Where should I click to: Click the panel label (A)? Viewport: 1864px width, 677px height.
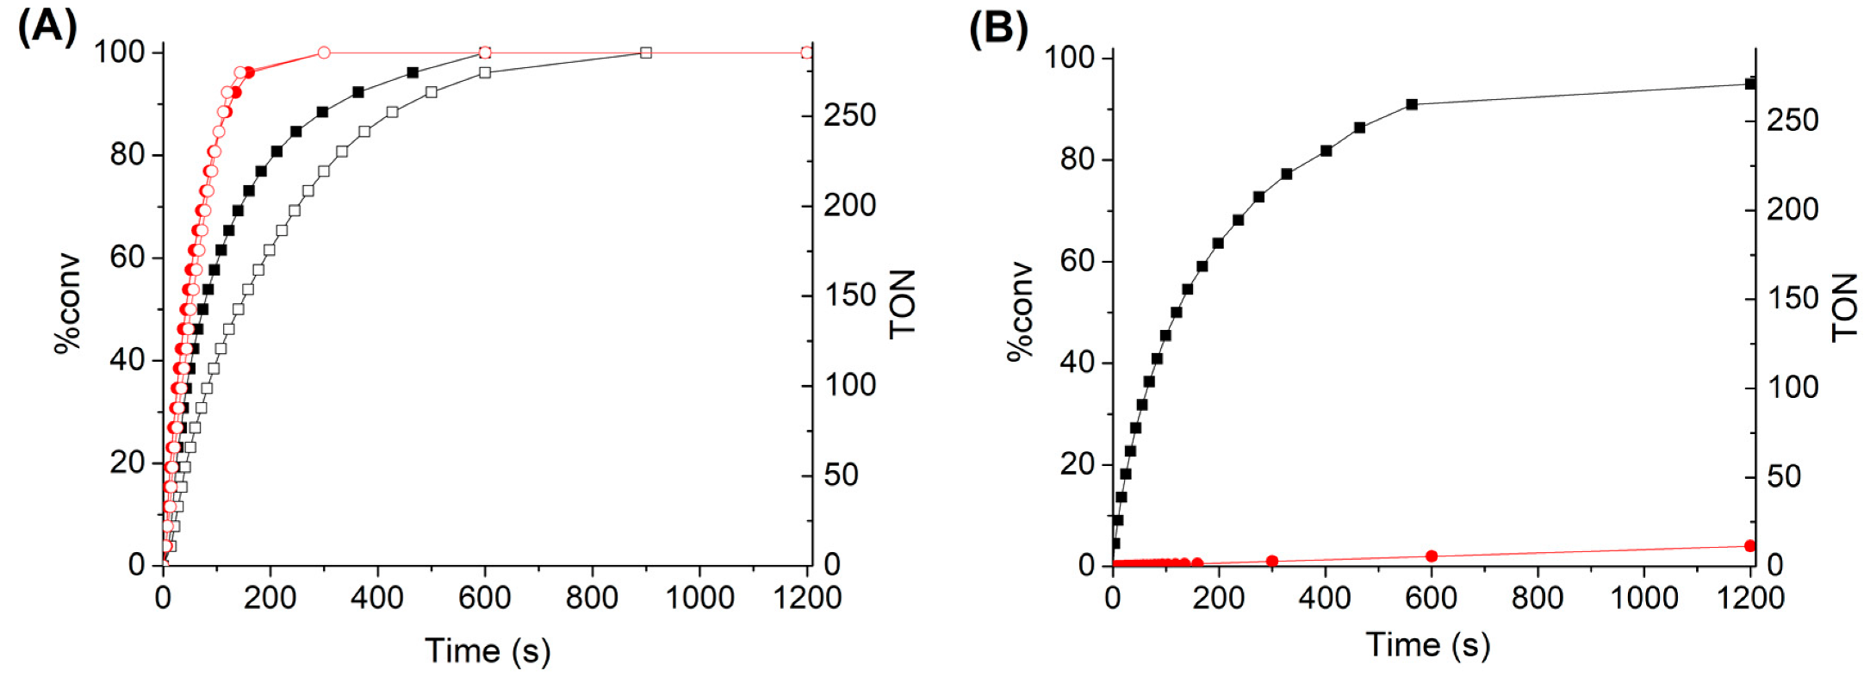pos(47,28)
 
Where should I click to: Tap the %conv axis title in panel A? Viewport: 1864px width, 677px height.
pos(67,303)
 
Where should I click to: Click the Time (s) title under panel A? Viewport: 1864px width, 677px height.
pos(488,650)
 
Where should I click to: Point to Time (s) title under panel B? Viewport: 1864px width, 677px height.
pos(1428,644)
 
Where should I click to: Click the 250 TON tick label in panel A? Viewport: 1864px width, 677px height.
pos(849,115)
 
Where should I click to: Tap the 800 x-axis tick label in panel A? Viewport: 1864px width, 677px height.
pos(592,597)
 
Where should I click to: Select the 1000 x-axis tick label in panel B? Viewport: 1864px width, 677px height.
pos(1643,597)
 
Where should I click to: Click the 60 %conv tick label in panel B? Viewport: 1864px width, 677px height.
pos(1077,261)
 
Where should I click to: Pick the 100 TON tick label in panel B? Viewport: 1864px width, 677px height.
pos(1793,387)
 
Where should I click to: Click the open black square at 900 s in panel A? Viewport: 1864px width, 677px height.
pos(646,53)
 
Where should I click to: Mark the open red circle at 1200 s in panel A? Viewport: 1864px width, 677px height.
pos(806,53)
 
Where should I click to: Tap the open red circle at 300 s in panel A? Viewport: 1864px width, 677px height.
pos(324,53)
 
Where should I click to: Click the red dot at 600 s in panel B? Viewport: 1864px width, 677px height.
pos(1432,556)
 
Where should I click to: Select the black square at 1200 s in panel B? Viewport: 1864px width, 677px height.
pos(1749,84)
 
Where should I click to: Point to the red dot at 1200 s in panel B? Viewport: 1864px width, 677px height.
pos(1749,546)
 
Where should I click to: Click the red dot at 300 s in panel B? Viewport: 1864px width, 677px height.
pos(1272,562)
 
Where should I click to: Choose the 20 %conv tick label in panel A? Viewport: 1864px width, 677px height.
pos(127,463)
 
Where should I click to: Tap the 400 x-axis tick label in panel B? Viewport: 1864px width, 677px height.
pos(1325,597)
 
